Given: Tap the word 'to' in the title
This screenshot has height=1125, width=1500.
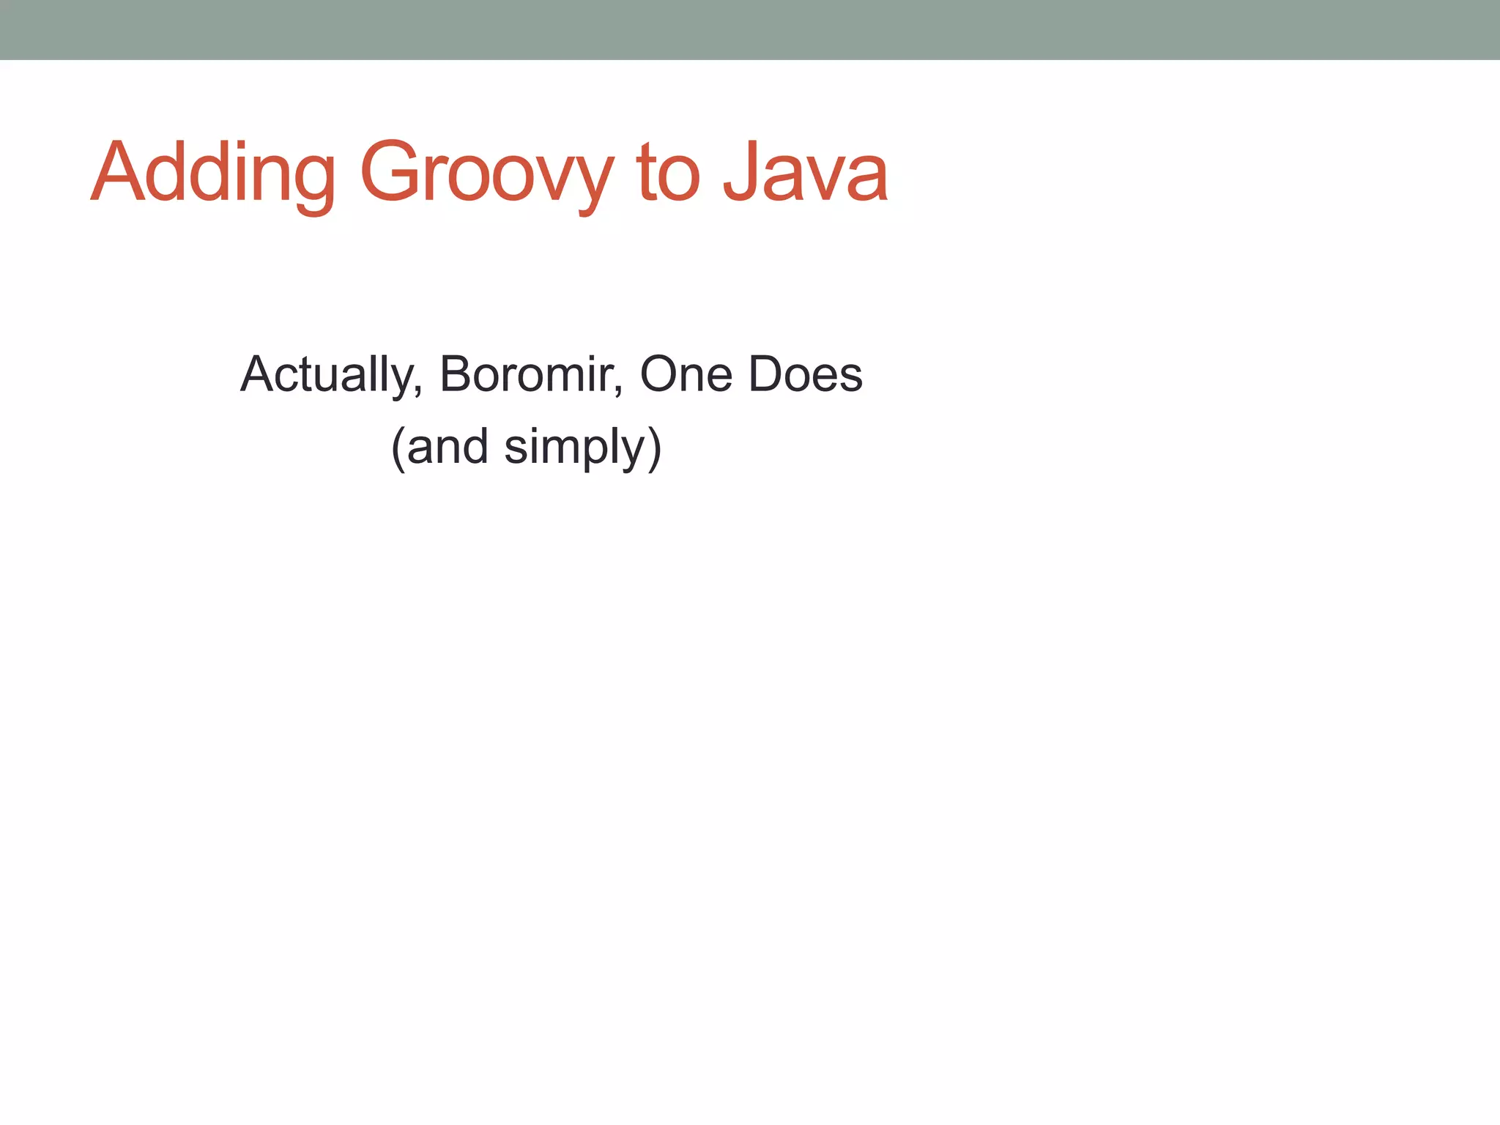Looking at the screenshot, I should click(668, 174).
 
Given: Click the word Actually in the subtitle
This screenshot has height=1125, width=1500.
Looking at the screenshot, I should click(327, 375).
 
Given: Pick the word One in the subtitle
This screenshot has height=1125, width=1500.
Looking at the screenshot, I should click(686, 375).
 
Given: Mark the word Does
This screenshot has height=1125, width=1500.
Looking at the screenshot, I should click(806, 375).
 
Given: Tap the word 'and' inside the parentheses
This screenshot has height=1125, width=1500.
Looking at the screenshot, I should click(447, 447).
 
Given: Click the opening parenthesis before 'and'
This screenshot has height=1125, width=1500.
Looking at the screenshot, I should click(398, 448).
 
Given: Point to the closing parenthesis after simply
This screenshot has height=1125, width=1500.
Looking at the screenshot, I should click(655, 448).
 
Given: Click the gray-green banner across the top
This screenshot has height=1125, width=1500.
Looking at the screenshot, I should click(750, 29).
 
